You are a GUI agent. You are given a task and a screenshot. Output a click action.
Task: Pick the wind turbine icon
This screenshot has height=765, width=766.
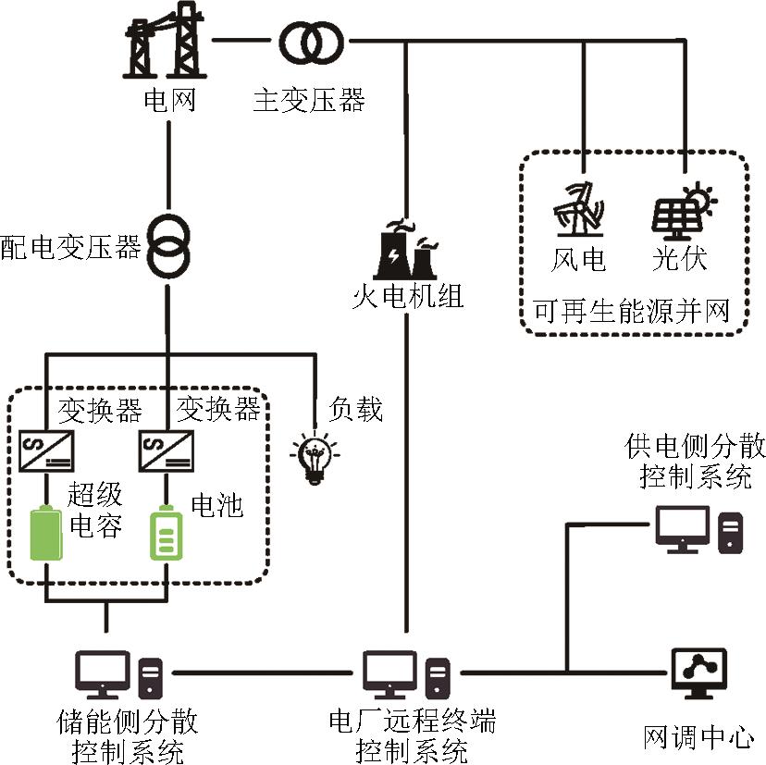[x=577, y=209]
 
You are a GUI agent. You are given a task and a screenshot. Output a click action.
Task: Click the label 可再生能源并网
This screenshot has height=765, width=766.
[x=633, y=310]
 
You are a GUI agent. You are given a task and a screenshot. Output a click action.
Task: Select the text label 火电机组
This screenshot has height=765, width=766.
[x=408, y=297]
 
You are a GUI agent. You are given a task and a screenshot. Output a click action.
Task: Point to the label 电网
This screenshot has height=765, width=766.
[x=169, y=99]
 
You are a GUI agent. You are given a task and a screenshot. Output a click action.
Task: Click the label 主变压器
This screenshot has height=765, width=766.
[x=308, y=99]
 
